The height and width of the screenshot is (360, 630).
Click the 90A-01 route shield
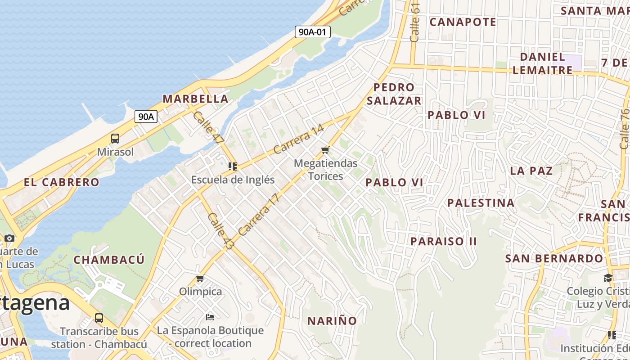(x=313, y=32)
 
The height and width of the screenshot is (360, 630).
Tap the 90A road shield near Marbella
(x=146, y=117)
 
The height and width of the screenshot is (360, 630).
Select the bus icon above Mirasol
(x=115, y=139)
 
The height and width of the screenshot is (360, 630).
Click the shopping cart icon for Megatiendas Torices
(x=325, y=150)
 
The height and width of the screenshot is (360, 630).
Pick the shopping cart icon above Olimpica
(x=200, y=279)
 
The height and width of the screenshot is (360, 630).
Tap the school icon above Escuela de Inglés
(x=233, y=166)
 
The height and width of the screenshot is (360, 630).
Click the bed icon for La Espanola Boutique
(x=210, y=317)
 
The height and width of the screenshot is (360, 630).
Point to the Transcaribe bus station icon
(x=99, y=318)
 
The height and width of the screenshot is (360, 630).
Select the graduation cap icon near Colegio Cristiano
(x=608, y=278)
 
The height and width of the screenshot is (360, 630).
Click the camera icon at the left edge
(x=9, y=238)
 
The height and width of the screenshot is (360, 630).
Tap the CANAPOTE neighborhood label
(x=463, y=22)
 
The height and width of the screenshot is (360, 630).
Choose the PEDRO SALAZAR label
(x=394, y=94)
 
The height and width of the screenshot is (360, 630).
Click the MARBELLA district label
(x=195, y=99)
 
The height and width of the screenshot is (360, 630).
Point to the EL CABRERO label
(x=61, y=182)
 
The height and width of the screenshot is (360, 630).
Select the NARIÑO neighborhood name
(x=332, y=321)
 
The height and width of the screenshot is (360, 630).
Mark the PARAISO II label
(x=443, y=241)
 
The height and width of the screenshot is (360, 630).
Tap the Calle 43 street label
(x=221, y=231)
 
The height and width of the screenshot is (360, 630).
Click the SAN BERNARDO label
(x=554, y=259)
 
